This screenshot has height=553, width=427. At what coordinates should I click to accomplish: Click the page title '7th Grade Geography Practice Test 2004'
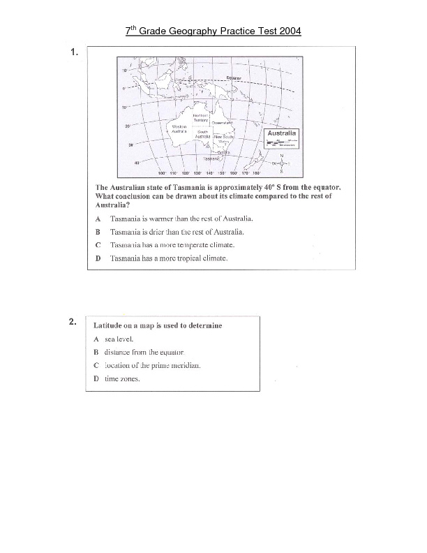point(213,31)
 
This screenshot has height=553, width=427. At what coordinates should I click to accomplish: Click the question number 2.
point(73,322)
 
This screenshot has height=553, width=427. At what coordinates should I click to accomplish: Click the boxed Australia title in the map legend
point(282,133)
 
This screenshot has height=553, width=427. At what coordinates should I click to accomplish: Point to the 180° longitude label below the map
point(256,172)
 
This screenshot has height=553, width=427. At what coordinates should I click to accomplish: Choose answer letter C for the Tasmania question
point(98,245)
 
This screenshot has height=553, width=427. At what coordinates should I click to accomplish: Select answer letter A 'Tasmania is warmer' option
point(98,218)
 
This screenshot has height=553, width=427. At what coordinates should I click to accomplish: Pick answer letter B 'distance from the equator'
point(96,353)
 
